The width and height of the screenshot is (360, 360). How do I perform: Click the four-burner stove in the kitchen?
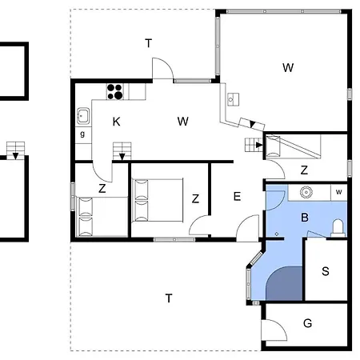tap(115, 91)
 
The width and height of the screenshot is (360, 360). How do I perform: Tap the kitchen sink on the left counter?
tap(83, 116)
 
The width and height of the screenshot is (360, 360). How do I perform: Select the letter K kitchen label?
tap(116, 122)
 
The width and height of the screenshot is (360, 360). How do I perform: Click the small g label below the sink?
tap(82, 134)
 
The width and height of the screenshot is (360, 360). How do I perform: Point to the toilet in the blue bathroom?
tap(338, 228)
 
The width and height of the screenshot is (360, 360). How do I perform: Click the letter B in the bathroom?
tap(305, 218)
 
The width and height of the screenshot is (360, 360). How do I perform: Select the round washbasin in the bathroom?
tap(306, 192)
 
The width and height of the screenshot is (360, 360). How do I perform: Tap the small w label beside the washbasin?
tap(338, 192)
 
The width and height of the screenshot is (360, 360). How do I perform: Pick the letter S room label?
tap(326, 271)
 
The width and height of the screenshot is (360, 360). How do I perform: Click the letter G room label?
tap(307, 323)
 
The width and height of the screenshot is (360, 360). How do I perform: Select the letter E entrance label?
tap(237, 197)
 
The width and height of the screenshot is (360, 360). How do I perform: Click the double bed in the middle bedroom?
tap(158, 200)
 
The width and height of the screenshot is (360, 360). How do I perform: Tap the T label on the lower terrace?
tap(169, 298)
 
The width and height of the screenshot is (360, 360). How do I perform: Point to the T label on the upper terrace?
tap(148, 43)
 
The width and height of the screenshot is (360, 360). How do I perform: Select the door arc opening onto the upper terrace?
tap(167, 63)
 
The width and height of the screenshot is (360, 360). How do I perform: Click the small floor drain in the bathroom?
tap(277, 234)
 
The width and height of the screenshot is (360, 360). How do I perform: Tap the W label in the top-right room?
tap(288, 67)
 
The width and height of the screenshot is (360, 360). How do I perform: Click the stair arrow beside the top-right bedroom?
tap(258, 145)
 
